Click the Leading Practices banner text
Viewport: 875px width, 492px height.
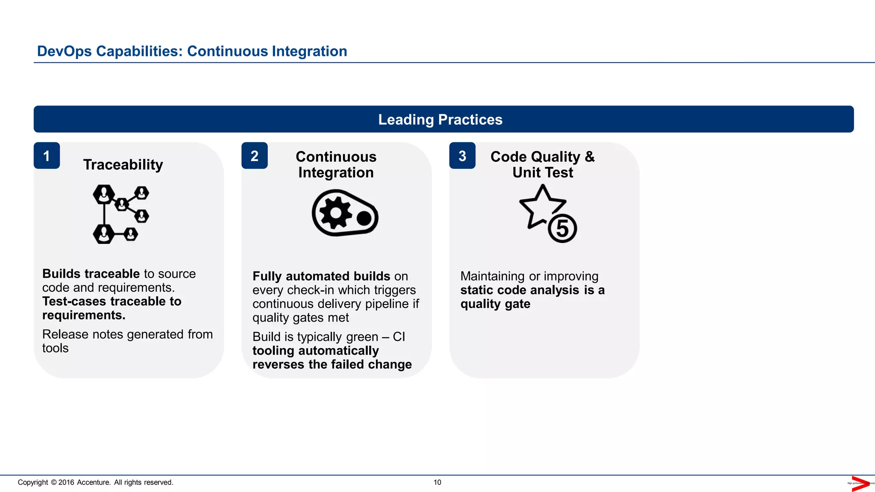click(440, 120)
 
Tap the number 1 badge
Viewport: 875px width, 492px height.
click(47, 156)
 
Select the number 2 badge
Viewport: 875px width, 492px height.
click(254, 156)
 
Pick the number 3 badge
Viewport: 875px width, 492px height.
click(462, 156)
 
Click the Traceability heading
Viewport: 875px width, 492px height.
click(123, 165)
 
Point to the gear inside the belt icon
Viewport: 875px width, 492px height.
click(335, 213)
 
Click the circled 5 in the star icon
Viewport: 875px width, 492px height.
click(562, 228)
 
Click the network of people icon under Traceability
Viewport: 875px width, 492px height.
click(120, 214)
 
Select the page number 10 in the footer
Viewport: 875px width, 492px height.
click(437, 482)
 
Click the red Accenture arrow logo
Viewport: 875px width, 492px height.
click(860, 483)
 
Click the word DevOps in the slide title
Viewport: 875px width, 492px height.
click(65, 51)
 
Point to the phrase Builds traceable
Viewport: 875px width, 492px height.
click(91, 274)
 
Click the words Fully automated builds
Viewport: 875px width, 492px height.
click(321, 276)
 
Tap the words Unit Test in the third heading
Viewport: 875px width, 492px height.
click(543, 173)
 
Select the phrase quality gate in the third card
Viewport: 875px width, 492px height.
click(495, 304)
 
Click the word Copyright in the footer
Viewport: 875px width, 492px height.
click(33, 482)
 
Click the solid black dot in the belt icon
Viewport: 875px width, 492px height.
click(364, 219)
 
